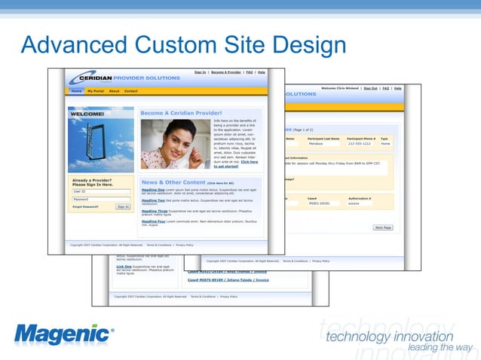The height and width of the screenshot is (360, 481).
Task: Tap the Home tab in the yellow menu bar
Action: tap(76, 91)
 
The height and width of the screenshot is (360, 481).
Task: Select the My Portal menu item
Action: tap(96, 91)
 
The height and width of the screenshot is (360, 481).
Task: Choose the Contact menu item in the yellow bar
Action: tap(130, 91)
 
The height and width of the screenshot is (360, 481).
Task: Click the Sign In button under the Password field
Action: tap(123, 206)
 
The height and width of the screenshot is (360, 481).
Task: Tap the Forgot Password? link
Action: tap(85, 206)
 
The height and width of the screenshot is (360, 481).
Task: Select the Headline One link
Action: tap(153, 189)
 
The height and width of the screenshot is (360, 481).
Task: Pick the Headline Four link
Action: tap(154, 221)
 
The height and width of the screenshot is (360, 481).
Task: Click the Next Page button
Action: tap(383, 227)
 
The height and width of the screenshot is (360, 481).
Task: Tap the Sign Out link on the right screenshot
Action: tap(370, 88)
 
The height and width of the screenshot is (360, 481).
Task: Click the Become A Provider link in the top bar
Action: tap(226, 72)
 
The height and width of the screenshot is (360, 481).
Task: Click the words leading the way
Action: tap(440, 347)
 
